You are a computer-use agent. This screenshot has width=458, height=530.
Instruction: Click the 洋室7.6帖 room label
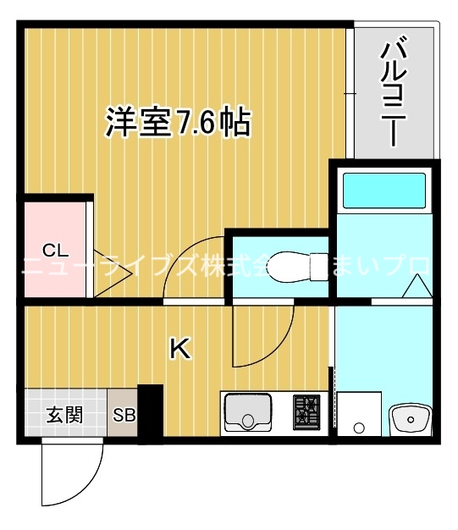pos(177,123)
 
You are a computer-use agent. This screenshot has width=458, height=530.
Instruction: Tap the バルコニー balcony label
pos(392,91)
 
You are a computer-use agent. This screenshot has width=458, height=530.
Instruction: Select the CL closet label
pos(55,250)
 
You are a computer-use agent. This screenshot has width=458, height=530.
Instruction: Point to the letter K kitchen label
pos(179,348)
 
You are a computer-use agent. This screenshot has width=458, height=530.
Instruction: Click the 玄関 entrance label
pos(64,415)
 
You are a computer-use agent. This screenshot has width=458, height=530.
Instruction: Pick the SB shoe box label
pos(124,416)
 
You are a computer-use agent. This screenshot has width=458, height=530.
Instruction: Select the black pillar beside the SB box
pos(150,413)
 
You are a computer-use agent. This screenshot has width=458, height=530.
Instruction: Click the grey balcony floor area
pos(395,135)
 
